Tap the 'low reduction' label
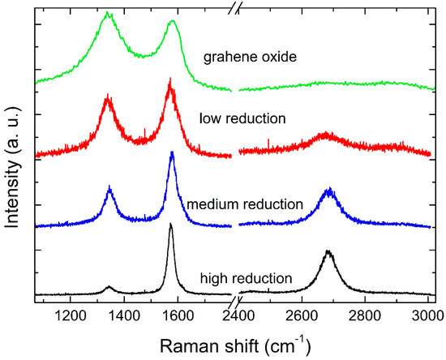coord(242,118)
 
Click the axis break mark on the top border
coord(235,13)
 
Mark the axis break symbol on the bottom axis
coord(235,298)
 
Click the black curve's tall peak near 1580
coord(170,225)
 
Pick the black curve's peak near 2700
coord(328,252)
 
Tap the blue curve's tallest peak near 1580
coord(172,153)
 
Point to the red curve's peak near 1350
coord(109,97)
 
